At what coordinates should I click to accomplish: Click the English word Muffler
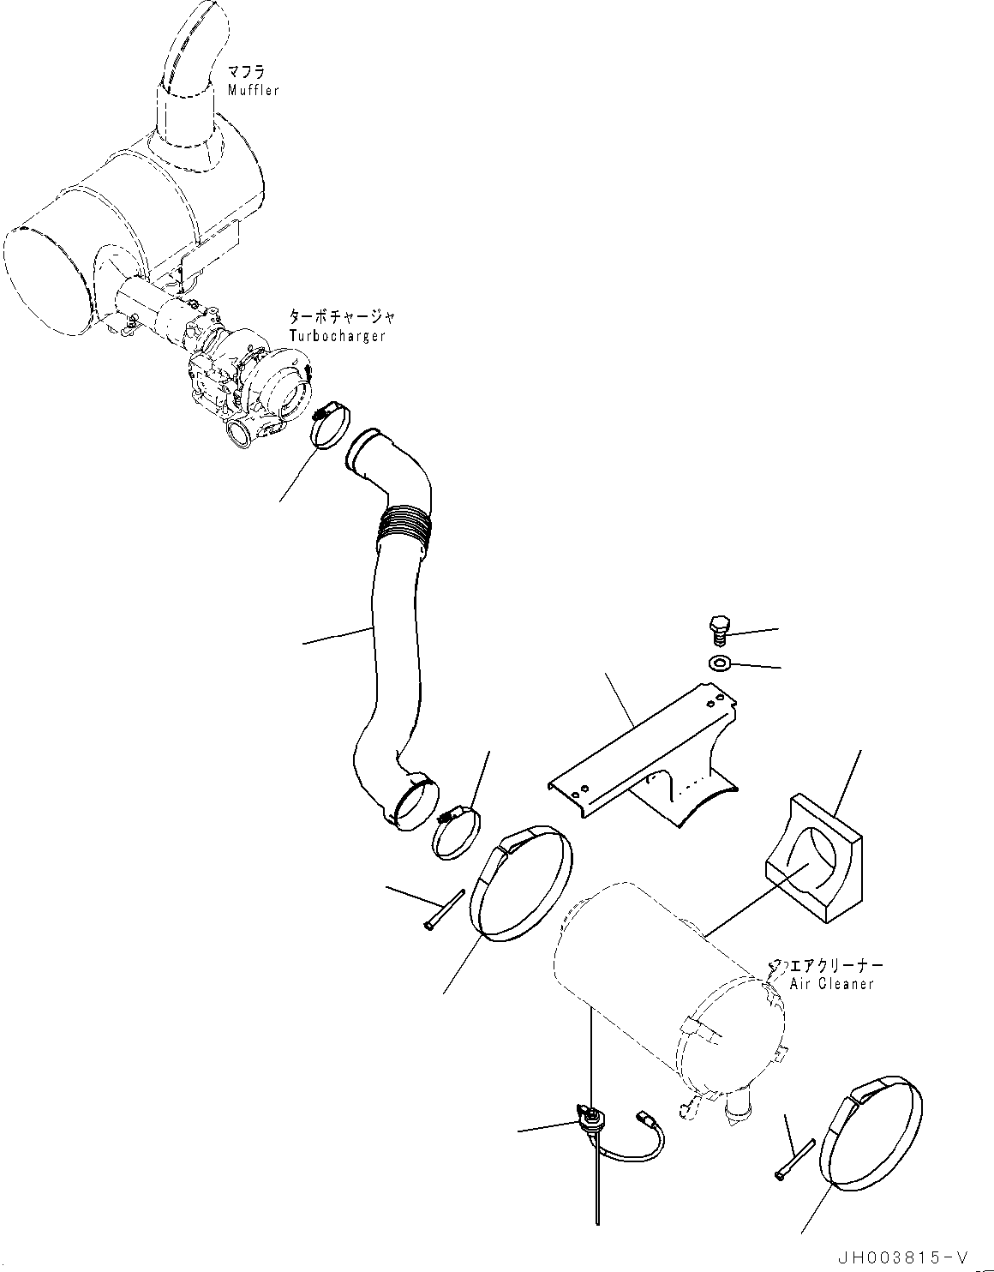[253, 90]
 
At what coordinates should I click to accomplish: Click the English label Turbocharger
[337, 336]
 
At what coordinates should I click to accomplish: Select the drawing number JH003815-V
[901, 1257]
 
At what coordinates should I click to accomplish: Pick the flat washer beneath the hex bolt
[718, 663]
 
